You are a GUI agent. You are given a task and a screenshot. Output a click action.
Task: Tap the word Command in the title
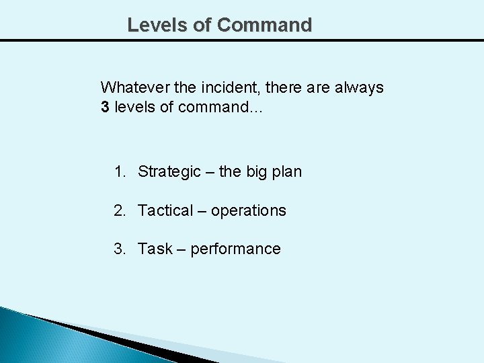(x=265, y=25)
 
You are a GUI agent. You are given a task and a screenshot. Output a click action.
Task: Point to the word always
(x=360, y=87)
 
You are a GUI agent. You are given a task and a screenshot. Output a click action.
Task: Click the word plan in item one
(x=288, y=172)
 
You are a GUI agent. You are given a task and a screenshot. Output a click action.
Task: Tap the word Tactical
(x=165, y=210)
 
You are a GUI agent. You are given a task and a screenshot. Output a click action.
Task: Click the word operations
(x=248, y=211)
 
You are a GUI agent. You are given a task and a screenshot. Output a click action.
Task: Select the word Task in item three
(x=155, y=249)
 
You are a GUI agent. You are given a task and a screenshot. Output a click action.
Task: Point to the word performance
(x=235, y=249)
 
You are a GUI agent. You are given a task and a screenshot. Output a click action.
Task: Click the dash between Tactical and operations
(x=202, y=211)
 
